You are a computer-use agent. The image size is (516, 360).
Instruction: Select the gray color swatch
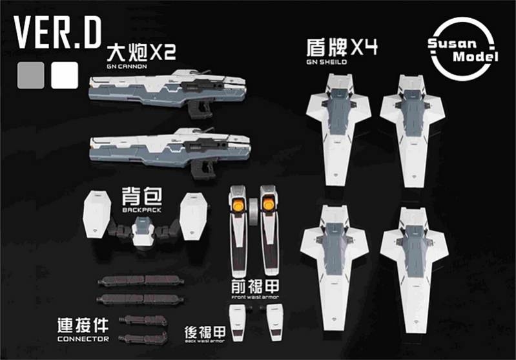32,75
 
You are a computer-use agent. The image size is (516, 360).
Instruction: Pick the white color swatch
64,75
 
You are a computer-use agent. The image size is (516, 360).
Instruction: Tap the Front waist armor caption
251,298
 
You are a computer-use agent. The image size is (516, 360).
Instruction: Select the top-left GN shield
337,123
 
